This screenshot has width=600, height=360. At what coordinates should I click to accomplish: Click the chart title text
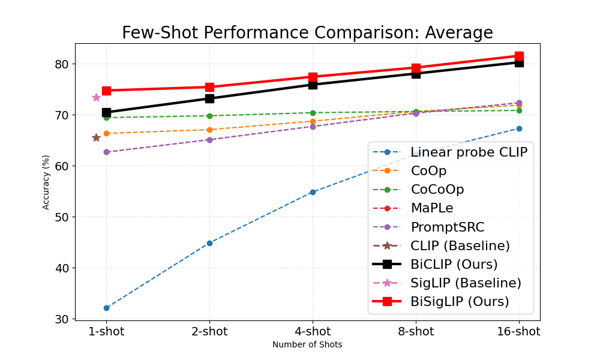tap(307, 32)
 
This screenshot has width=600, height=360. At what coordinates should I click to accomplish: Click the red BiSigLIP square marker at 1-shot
tap(106, 91)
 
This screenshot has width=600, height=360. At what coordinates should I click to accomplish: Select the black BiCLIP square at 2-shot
tap(209, 98)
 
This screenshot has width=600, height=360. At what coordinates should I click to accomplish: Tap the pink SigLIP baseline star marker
tap(96, 97)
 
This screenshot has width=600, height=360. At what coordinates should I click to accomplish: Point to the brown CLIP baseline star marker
tap(96, 137)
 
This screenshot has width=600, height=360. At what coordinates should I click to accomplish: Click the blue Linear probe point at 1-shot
tap(106, 308)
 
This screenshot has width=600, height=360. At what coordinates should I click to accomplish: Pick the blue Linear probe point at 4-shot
tap(313, 192)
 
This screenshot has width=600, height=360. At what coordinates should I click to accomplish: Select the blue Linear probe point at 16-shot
tap(519, 128)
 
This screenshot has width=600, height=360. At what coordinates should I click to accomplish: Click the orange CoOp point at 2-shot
tap(209, 130)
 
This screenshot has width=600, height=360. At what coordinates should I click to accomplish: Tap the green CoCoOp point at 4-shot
tap(313, 113)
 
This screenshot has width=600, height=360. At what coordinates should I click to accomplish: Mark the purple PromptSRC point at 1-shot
tap(106, 152)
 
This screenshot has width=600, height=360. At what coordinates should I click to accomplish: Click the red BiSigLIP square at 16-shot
tap(519, 56)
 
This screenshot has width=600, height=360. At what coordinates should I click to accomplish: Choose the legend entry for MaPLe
tap(431, 208)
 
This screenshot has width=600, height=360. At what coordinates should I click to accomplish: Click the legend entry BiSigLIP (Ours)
tap(460, 301)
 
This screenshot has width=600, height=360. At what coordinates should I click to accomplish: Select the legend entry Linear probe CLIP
tap(469, 152)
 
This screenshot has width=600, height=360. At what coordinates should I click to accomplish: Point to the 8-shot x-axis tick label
tap(416, 332)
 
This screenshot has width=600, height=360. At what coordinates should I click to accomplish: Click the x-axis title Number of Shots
tap(307, 345)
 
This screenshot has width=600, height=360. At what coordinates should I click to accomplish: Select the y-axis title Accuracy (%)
tap(46, 182)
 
